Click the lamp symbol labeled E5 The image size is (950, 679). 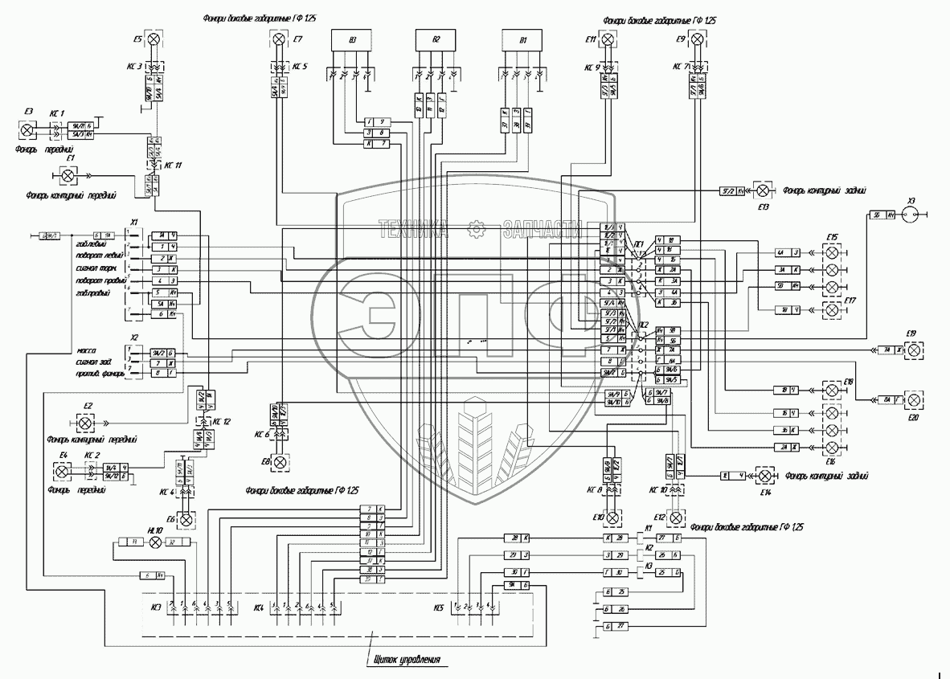[157, 39]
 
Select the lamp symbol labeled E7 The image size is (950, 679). [278, 39]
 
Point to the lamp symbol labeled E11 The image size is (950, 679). [609, 39]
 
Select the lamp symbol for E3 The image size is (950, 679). [27, 129]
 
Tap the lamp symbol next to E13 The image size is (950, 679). [764, 190]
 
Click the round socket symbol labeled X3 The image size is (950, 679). [910, 215]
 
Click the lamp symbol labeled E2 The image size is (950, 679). [84, 423]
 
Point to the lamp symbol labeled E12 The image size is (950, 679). [677, 517]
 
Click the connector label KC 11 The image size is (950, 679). [173, 165]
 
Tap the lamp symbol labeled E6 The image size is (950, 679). [186, 520]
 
